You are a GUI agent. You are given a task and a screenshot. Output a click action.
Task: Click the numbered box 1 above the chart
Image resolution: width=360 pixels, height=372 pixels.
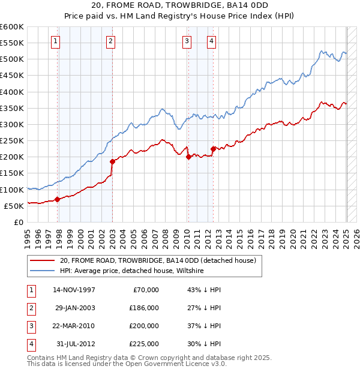[x=55, y=41]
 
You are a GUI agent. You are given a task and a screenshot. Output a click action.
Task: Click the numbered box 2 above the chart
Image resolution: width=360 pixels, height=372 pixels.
[x=111, y=41]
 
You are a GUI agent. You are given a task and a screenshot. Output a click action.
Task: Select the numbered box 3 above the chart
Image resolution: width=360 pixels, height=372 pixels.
[x=187, y=41]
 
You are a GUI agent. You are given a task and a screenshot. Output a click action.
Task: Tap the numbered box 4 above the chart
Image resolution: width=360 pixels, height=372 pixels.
[x=212, y=41]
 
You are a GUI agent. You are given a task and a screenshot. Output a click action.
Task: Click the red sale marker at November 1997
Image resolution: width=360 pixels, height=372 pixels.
[x=57, y=199]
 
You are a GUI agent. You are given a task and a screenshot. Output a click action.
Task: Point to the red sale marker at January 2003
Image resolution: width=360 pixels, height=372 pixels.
[x=112, y=161]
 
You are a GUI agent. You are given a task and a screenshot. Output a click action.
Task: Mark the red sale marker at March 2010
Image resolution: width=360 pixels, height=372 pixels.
[x=188, y=157]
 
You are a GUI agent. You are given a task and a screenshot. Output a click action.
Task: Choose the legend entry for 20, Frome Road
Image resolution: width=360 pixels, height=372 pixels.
[x=158, y=260]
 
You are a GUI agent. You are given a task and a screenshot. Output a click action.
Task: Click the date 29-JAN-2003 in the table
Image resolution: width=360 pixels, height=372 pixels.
[x=74, y=307]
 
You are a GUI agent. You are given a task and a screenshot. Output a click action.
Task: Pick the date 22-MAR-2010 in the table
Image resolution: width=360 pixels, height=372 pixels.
[x=74, y=326]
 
